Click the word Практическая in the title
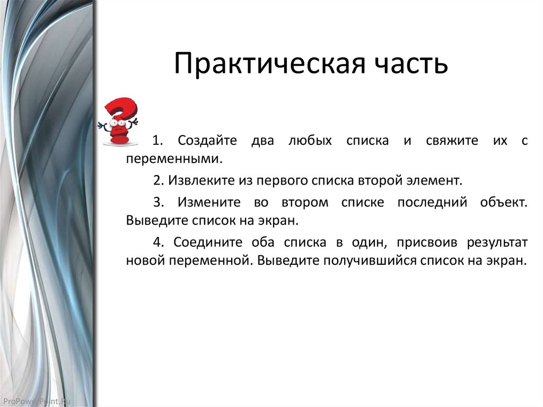point(268,64)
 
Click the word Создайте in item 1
point(204,141)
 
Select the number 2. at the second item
point(158,180)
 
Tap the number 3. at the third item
point(158,202)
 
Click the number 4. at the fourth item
point(158,243)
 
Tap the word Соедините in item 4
point(208,243)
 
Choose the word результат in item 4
point(497,243)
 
